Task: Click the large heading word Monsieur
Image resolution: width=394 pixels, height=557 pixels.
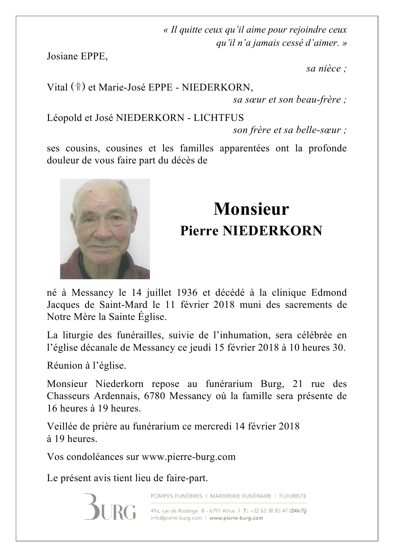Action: (x=251, y=209)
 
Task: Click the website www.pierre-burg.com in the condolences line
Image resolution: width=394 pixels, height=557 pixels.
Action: (x=188, y=457)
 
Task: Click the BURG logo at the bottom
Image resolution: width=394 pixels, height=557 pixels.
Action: (x=110, y=507)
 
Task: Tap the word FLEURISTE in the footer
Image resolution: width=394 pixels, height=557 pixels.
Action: (x=293, y=496)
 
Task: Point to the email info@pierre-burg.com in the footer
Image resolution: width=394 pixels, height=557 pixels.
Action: (x=176, y=518)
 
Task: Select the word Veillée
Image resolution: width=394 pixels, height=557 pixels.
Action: (x=60, y=426)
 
